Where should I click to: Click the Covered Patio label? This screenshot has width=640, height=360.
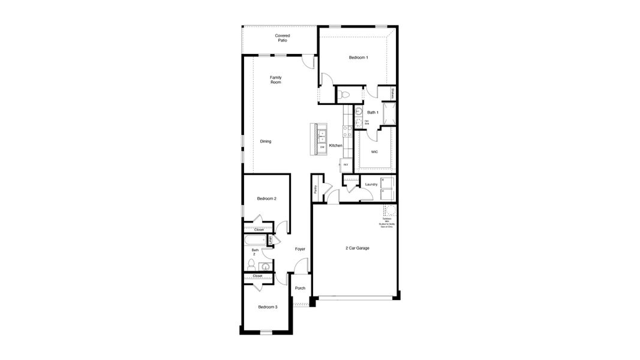pos(282,38)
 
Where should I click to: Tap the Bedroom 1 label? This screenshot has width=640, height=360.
pos(359,58)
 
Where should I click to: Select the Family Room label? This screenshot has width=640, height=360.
pos(275,80)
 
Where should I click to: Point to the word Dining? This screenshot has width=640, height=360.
pos(266,142)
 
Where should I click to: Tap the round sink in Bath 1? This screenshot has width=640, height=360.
pos(358,111)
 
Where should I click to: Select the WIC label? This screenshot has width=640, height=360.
pos(374,152)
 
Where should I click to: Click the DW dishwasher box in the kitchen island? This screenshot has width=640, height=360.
pos(322,147)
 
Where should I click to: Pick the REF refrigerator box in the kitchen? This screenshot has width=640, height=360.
pos(346,164)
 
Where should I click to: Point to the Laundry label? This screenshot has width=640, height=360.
pos(371,184)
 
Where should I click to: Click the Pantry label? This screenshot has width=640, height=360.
pos(316,189)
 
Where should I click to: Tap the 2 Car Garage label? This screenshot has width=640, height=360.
pos(357,248)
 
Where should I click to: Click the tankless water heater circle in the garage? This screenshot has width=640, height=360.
pos(390,211)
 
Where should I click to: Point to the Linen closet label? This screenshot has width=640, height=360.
pos(271,240)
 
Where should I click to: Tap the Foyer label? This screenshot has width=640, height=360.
pos(300,248)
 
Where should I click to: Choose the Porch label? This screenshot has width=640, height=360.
pos(300,288)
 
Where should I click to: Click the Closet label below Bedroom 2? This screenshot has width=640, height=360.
pos(259,230)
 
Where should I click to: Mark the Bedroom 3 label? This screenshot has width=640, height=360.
pos(268,307)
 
